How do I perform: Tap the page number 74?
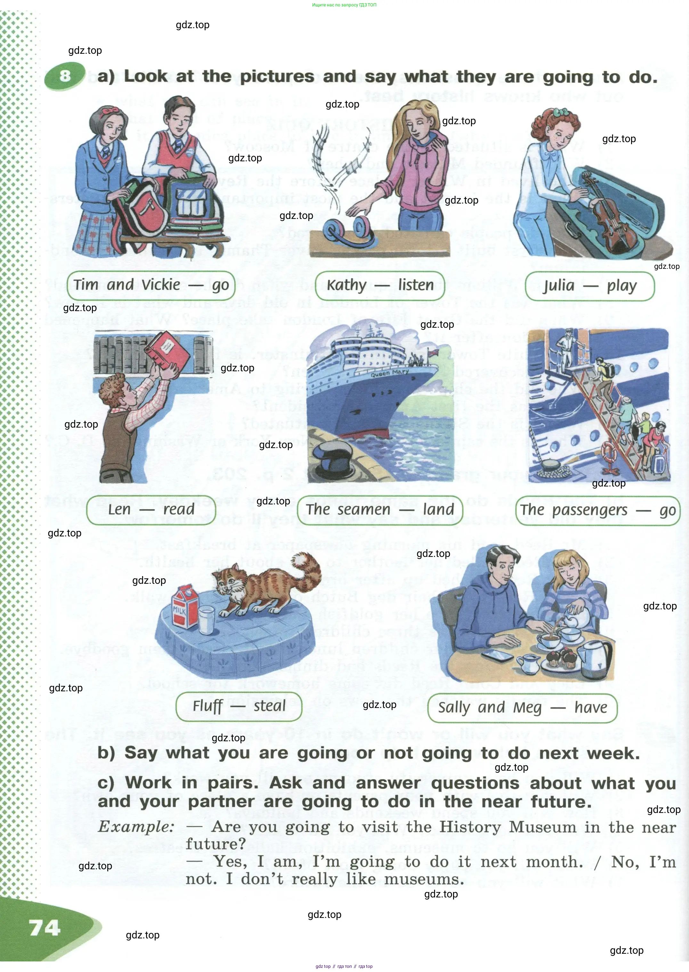point(45,928)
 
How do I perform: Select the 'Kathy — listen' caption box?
point(380,285)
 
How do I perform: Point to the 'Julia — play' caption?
point(590,286)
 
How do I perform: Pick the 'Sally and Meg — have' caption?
point(522,708)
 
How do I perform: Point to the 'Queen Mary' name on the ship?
point(389,373)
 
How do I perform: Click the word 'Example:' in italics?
point(136,827)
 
